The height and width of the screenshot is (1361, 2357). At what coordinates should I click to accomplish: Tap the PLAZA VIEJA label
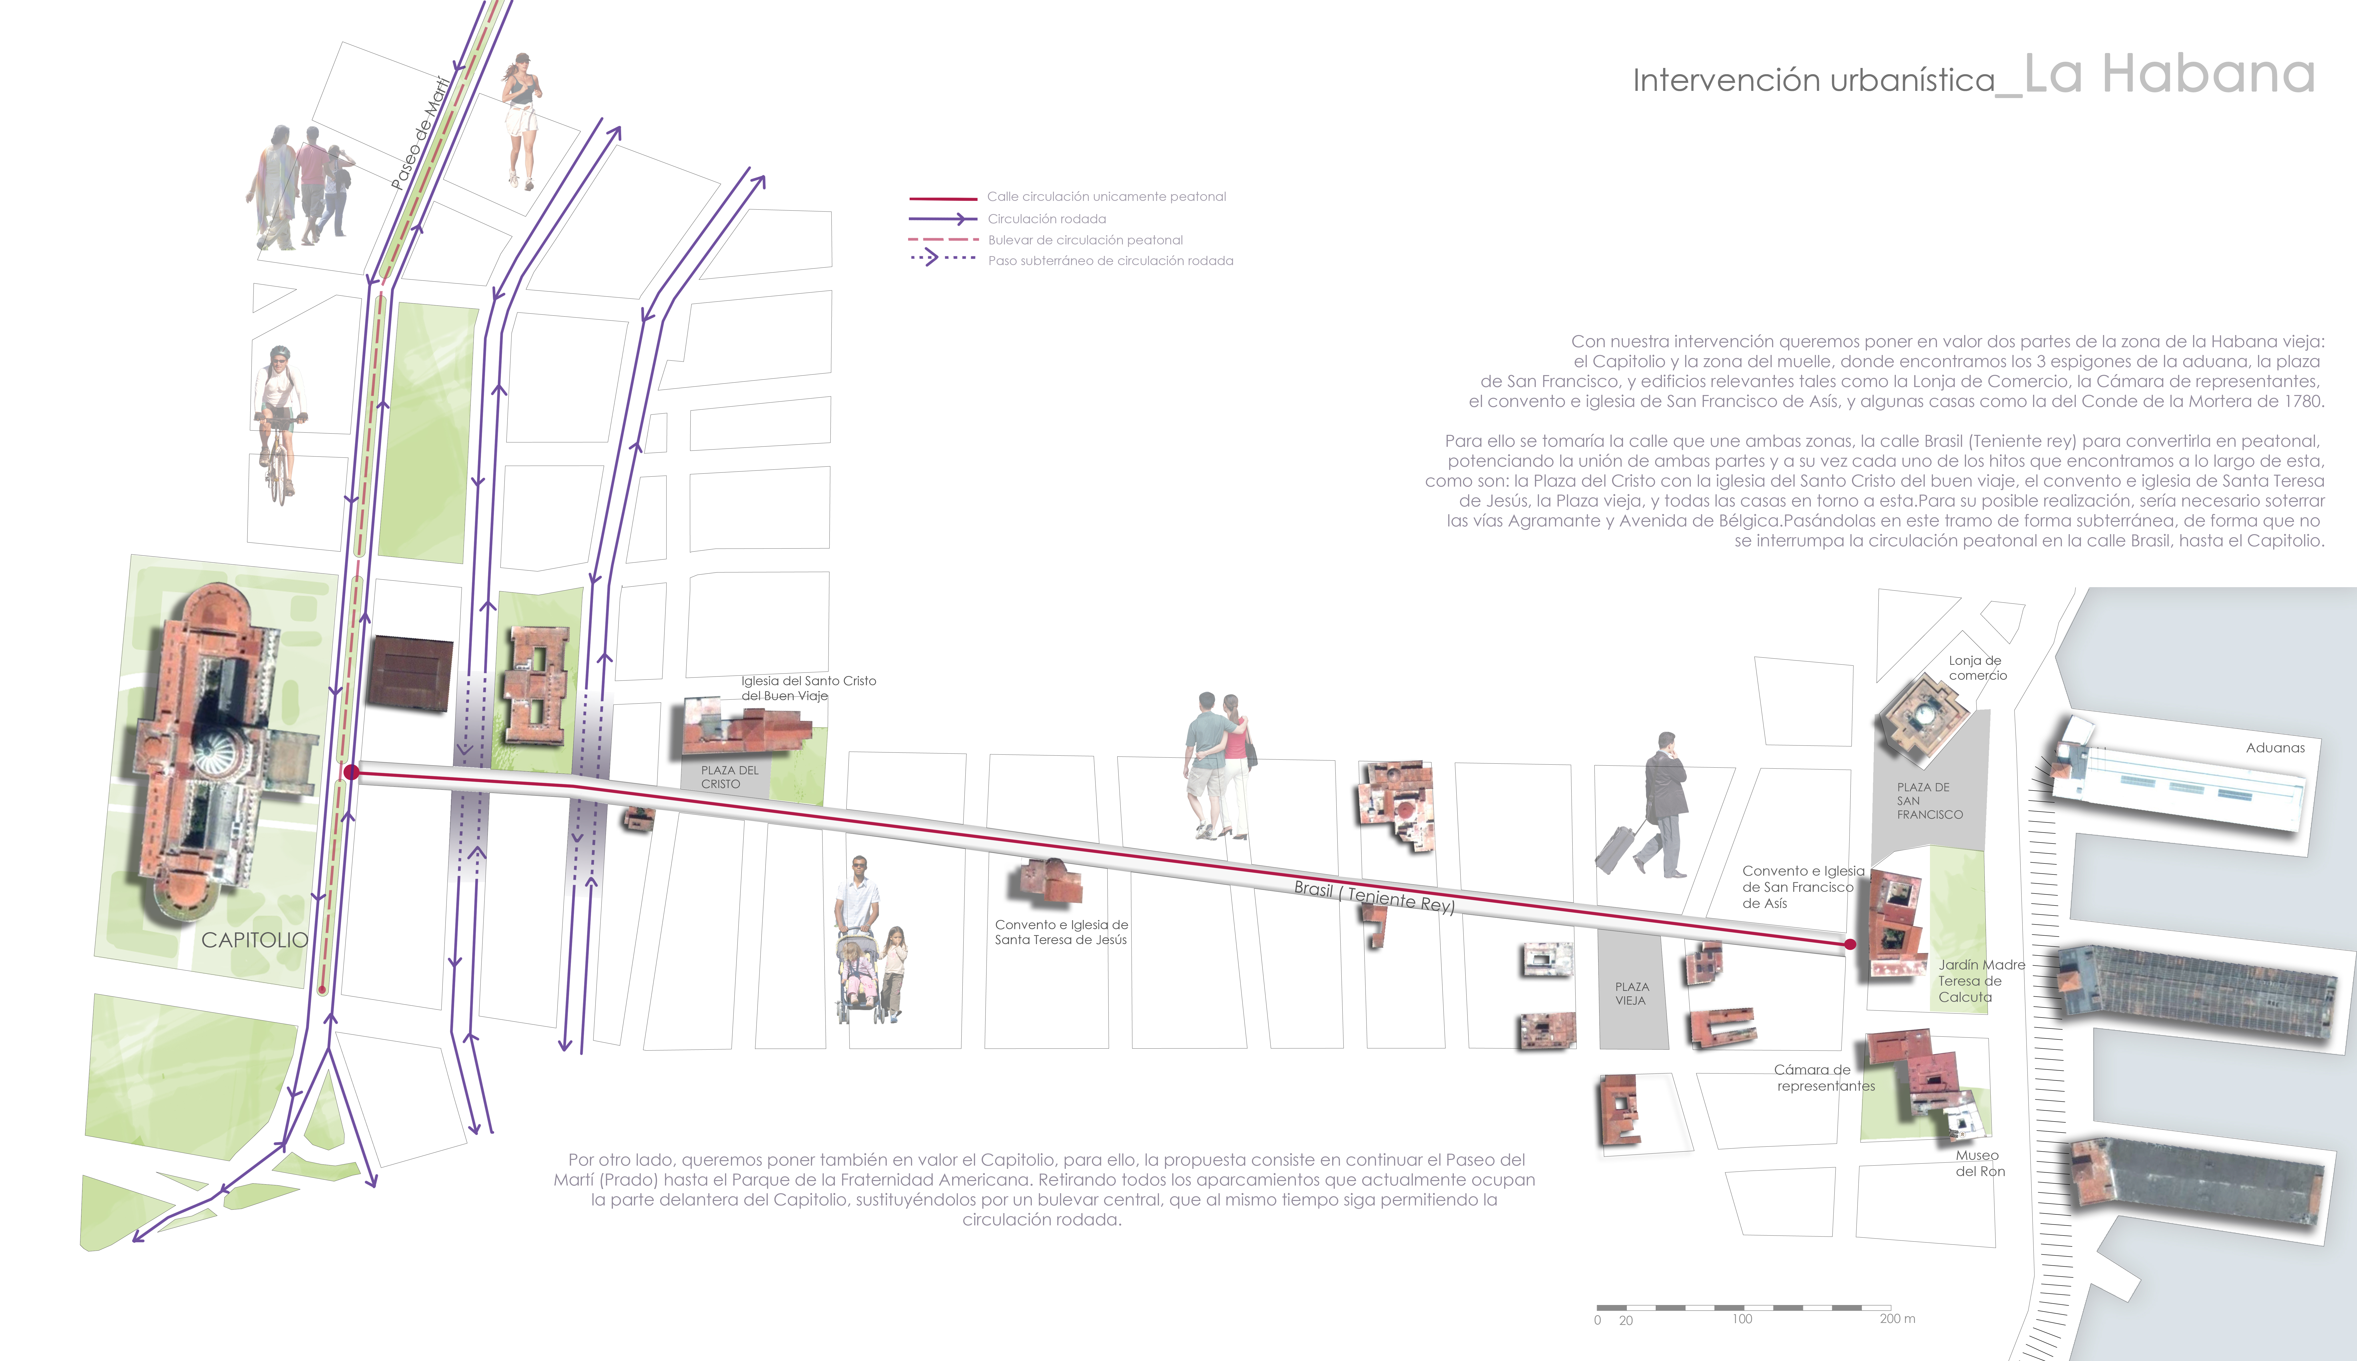(x=1632, y=994)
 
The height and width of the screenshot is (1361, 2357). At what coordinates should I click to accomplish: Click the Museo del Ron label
(x=1979, y=1163)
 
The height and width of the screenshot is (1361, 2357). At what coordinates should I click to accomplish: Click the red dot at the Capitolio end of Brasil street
(x=351, y=772)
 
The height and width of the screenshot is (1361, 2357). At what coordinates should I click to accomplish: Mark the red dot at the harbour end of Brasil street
(x=1850, y=944)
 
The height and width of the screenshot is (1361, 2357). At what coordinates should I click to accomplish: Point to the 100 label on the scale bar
(x=1742, y=1319)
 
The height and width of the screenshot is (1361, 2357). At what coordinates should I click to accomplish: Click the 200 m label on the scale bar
(x=1897, y=1319)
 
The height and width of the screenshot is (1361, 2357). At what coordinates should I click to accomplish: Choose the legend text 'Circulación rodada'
(x=1047, y=219)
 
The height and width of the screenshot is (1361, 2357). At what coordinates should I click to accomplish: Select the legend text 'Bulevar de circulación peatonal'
(x=1085, y=240)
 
